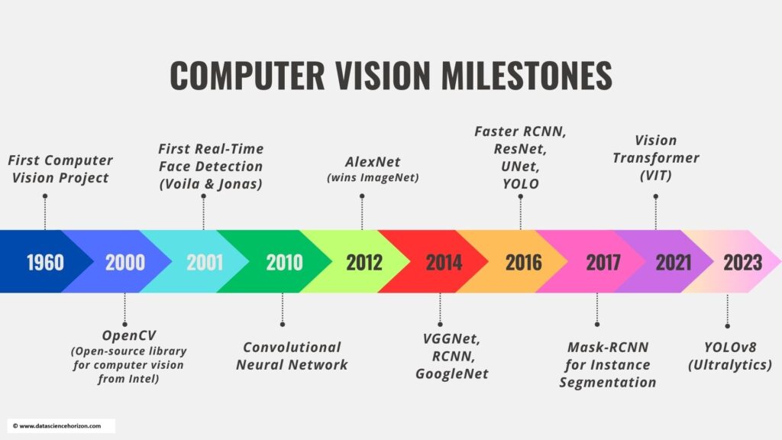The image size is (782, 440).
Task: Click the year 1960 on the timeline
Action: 45,263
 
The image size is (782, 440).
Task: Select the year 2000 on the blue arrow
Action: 125,263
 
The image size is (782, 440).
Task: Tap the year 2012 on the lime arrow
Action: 364,263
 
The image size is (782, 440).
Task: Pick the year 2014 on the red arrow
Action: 444,263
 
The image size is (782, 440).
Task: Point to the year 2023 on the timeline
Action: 742,263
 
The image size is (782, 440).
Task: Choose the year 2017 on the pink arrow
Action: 603,263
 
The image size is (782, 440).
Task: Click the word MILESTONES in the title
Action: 526,76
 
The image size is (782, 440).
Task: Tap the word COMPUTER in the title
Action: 247,76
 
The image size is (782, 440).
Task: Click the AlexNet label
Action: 373,162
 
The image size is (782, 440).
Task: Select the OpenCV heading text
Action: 128,335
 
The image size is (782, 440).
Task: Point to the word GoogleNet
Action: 452,374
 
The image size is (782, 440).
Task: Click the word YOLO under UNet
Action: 521,183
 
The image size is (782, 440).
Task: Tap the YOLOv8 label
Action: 730,347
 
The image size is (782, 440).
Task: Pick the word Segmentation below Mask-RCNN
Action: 607,382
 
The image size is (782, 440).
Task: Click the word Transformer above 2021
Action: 656,157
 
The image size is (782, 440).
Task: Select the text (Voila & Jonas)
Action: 211,184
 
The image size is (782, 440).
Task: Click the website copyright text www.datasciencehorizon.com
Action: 60,426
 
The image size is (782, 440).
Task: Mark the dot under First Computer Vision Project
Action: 45,196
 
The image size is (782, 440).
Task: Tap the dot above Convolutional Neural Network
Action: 283,324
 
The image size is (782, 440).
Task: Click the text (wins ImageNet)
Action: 373,177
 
